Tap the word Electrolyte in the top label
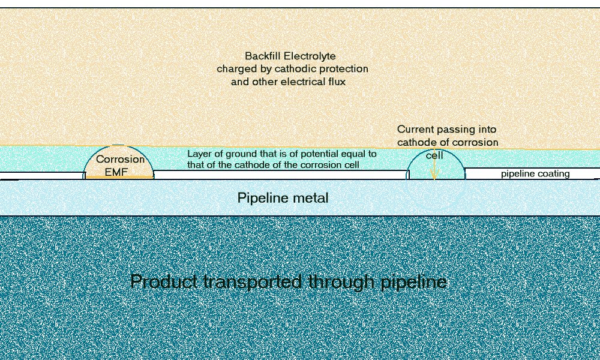coord(312,56)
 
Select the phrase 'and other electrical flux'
coord(288,81)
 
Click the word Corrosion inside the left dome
coord(121,160)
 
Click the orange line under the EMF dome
coord(119,178)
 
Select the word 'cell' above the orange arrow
coord(435,155)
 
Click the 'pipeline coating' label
coord(535,174)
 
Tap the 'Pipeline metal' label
coord(283,197)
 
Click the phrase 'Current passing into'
coord(446,129)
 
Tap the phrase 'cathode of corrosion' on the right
coord(448,142)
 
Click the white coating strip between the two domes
coord(280,174)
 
